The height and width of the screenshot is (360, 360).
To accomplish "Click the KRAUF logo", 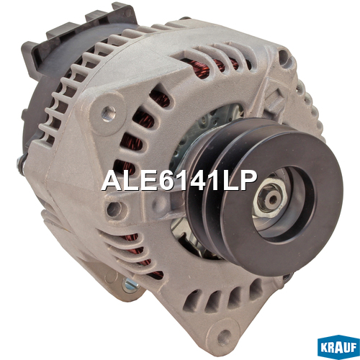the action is [338, 347].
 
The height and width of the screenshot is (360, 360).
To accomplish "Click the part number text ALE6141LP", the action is [179, 181].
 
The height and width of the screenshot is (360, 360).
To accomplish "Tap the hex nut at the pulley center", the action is [271, 199].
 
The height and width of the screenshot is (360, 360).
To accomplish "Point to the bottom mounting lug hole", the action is [224, 335].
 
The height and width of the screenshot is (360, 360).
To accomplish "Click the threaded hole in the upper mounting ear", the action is [109, 112].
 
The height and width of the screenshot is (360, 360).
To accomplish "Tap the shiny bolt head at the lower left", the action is [130, 285].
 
